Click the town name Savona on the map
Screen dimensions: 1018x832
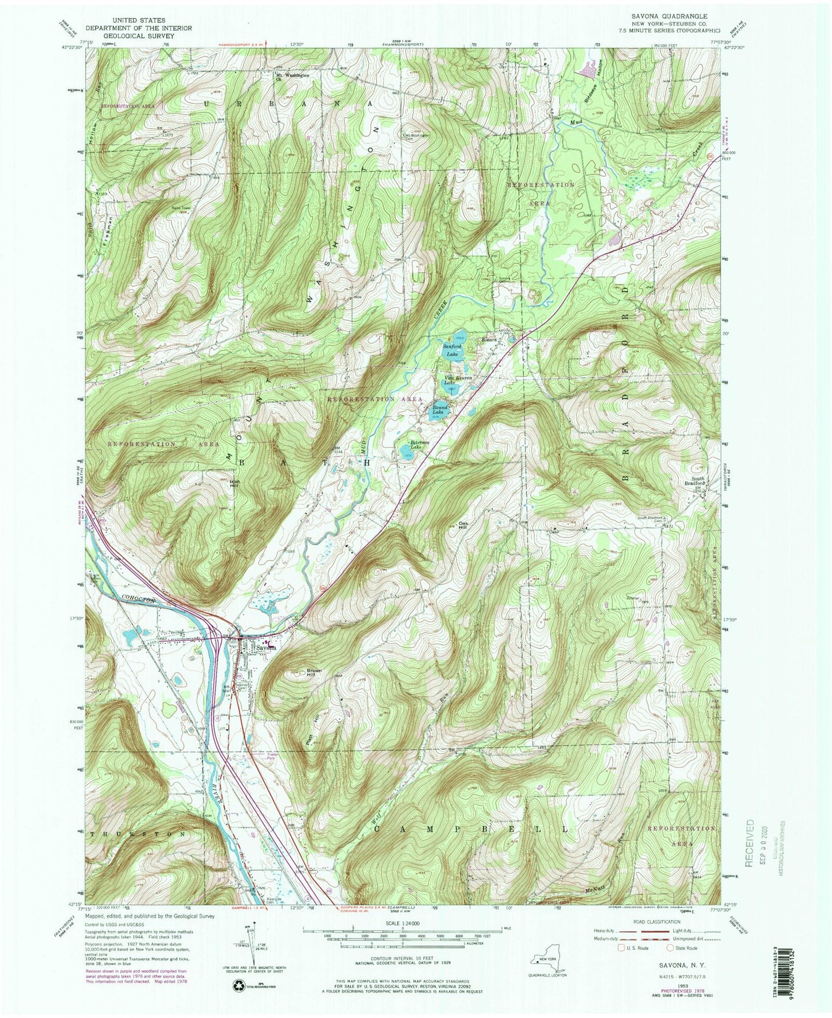click(267, 647)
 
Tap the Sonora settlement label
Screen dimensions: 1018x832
click(490, 339)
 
